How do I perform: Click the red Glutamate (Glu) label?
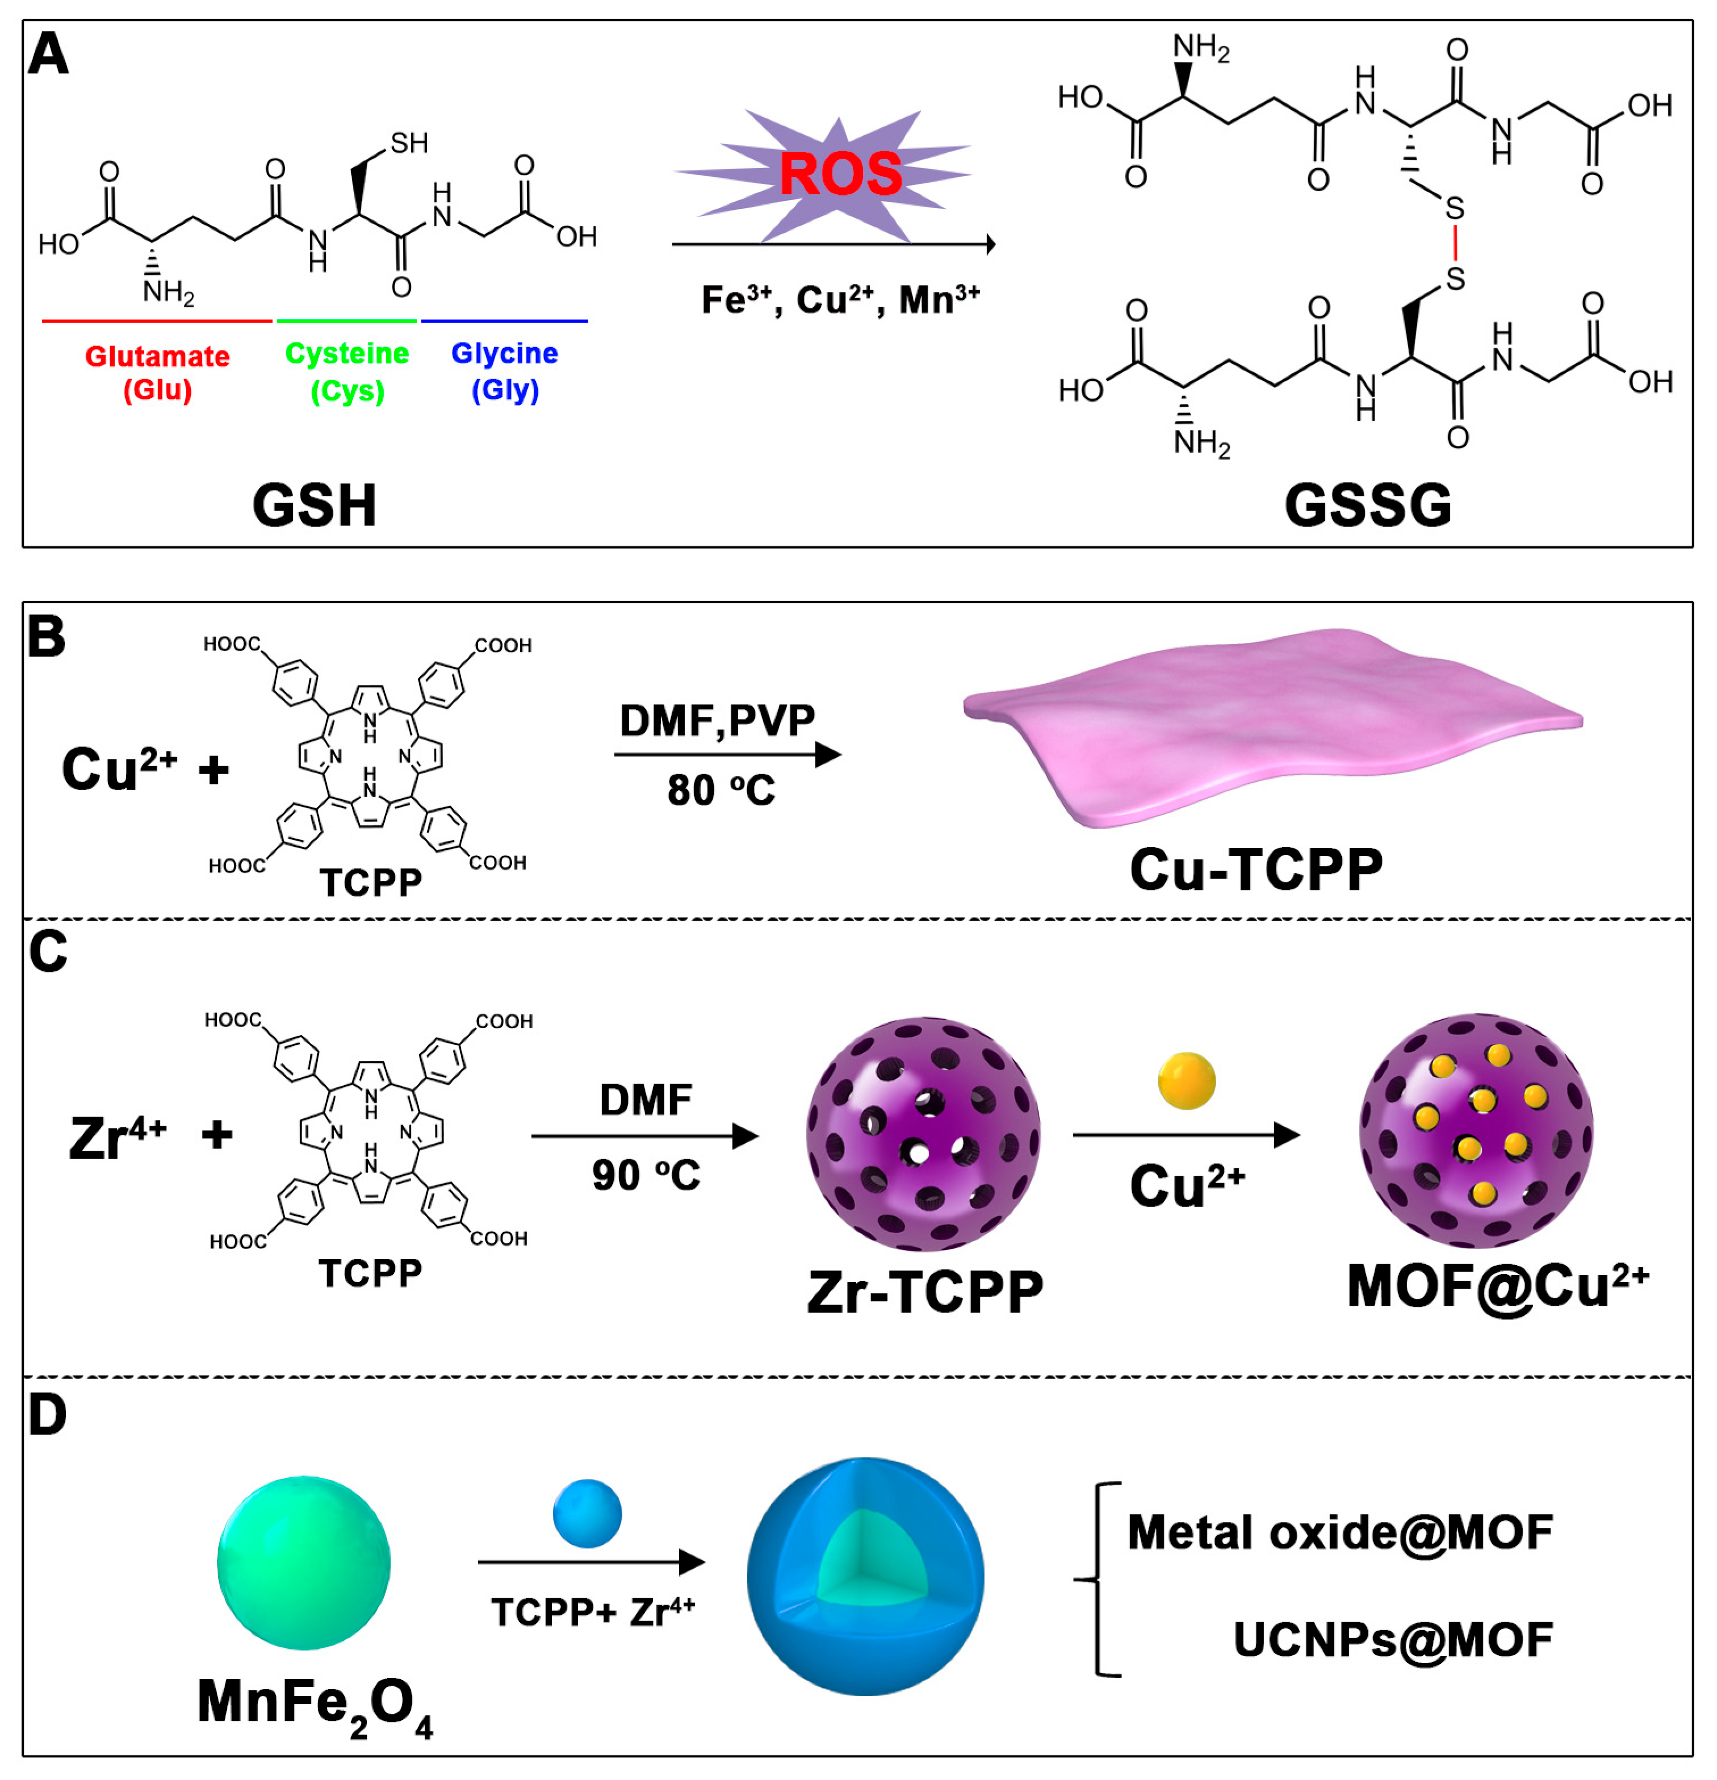[157, 373]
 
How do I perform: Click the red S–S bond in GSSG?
[1455, 244]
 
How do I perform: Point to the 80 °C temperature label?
[721, 790]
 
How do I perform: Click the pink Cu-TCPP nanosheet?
[1271, 726]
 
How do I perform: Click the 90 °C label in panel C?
[646, 1175]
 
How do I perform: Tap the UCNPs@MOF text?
[1392, 1639]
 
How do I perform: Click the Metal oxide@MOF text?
[1339, 1532]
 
